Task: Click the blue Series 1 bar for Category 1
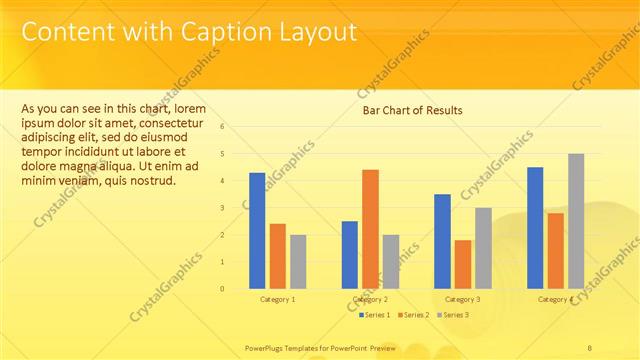[x=257, y=230]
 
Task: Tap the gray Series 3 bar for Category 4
[x=576, y=221]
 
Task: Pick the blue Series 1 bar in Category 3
[x=442, y=241]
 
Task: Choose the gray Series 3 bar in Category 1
[x=298, y=261]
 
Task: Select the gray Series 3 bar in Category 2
[x=390, y=261]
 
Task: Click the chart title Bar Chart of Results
[x=412, y=110]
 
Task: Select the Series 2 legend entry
[x=416, y=315]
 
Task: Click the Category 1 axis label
[x=277, y=299]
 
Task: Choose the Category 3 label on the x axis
[x=462, y=299]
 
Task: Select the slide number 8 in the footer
[x=590, y=347]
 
